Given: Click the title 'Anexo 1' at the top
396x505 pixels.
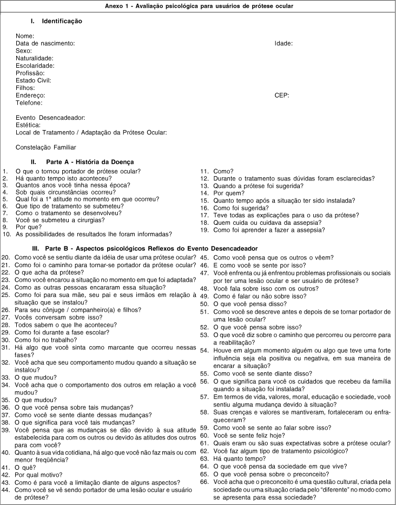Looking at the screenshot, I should (198, 5).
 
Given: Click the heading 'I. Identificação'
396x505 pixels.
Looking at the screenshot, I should (56, 21).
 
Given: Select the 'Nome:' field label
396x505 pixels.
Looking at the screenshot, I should (25, 36).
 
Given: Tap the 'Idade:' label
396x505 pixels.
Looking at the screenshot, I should (283, 43).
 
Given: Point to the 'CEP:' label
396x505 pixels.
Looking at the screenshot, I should (282, 95).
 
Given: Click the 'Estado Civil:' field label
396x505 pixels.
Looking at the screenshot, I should (34, 80).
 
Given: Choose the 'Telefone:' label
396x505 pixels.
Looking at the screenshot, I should (29, 102).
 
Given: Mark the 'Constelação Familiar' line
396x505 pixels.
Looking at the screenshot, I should (46, 147).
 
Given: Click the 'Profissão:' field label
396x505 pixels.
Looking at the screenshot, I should (30, 73).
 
